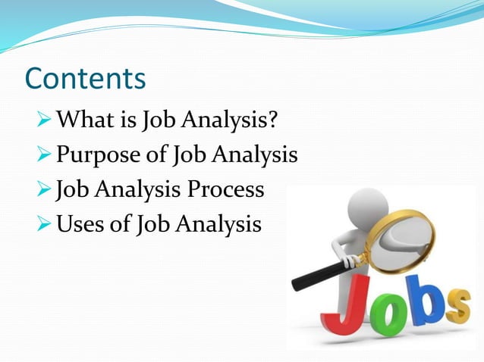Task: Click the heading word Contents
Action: click(x=84, y=79)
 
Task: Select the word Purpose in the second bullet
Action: click(x=103, y=155)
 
